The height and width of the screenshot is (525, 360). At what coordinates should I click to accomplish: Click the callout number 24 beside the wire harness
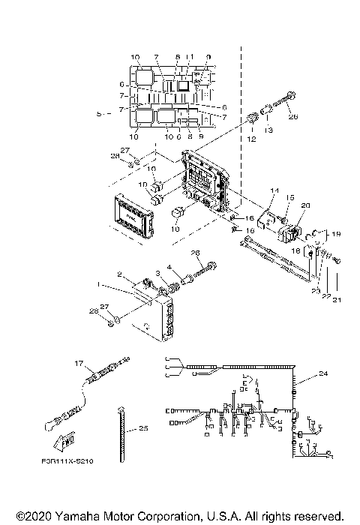[323, 373]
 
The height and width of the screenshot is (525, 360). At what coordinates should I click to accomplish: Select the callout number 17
[76, 363]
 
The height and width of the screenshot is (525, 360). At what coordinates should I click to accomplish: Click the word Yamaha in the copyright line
[75, 516]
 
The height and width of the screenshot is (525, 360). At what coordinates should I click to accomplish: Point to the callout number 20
[304, 205]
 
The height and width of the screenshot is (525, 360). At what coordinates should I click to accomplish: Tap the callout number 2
[118, 274]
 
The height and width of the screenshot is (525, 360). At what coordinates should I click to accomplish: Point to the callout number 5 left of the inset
[100, 113]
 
